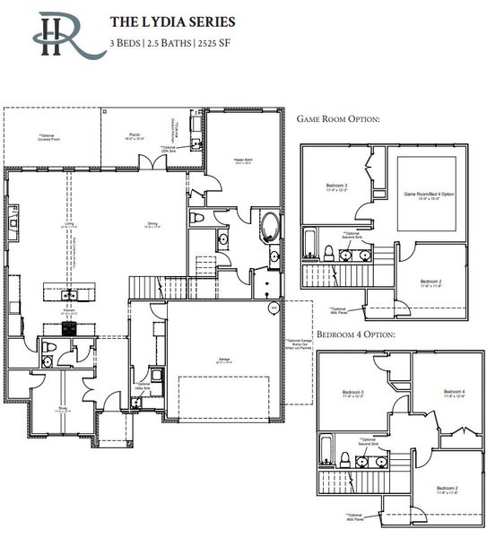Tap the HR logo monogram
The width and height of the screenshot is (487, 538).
pyautogui.click(x=60, y=35)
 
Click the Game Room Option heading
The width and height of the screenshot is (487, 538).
pyautogui.click(x=338, y=118)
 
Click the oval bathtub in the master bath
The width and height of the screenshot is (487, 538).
pyautogui.click(x=270, y=225)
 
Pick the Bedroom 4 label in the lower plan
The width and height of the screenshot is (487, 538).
pyautogui.click(x=453, y=392)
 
